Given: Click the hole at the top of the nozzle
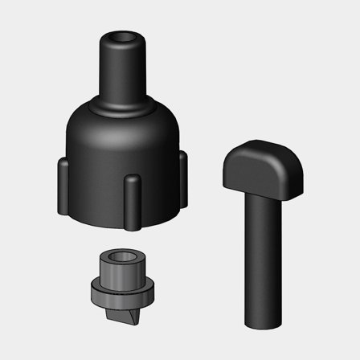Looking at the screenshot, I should tap(123, 38).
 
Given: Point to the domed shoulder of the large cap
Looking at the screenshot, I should tap(121, 133).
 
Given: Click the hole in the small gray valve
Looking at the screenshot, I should tap(121, 258).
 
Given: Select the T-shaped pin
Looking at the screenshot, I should tap(263, 233).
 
